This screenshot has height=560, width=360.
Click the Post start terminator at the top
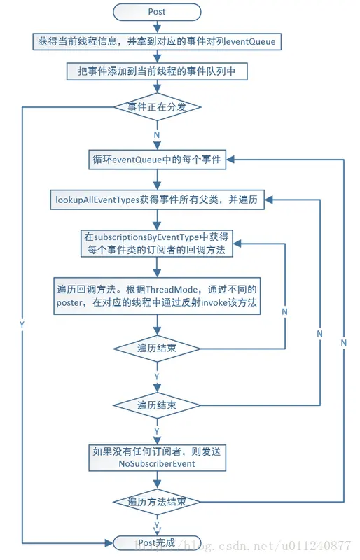click(x=157, y=12)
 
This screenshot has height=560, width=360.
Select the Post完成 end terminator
click(x=157, y=542)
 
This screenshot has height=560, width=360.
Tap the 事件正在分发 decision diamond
click(x=157, y=107)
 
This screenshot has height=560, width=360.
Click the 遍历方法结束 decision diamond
click(x=157, y=502)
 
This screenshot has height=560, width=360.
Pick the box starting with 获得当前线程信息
click(x=157, y=41)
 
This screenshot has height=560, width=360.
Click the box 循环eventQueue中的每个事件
click(x=157, y=159)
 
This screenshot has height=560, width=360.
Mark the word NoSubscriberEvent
click(x=157, y=463)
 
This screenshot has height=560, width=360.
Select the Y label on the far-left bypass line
click(x=21, y=325)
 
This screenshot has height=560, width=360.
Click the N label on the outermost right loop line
click(x=343, y=343)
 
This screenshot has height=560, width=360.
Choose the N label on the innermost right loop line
click(x=284, y=310)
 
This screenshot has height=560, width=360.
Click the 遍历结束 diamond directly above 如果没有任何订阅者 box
click(x=157, y=405)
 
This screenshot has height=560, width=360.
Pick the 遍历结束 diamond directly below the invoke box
click(x=157, y=348)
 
